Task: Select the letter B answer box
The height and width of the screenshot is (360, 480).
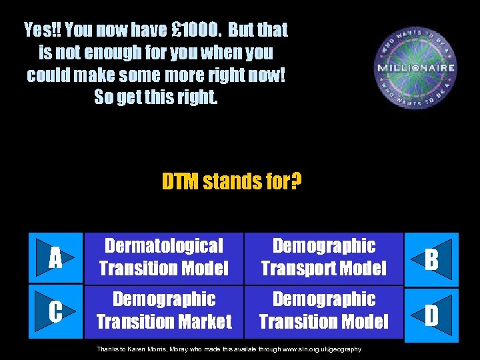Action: tap(431, 259)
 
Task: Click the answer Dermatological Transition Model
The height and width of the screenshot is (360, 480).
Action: tap(163, 257)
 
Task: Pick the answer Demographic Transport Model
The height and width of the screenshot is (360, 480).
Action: tap(324, 257)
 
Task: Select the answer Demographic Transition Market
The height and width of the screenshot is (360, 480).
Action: tap(163, 311)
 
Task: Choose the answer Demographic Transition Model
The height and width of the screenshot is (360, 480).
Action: tap(324, 311)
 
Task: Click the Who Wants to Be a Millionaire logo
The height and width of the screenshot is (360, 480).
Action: tap(416, 68)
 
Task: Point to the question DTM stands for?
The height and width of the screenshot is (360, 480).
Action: tap(231, 181)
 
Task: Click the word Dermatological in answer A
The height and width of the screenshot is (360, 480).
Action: tap(163, 247)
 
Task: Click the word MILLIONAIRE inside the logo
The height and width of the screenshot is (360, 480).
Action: tap(416, 68)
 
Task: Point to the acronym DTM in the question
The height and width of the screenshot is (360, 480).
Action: tap(180, 181)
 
